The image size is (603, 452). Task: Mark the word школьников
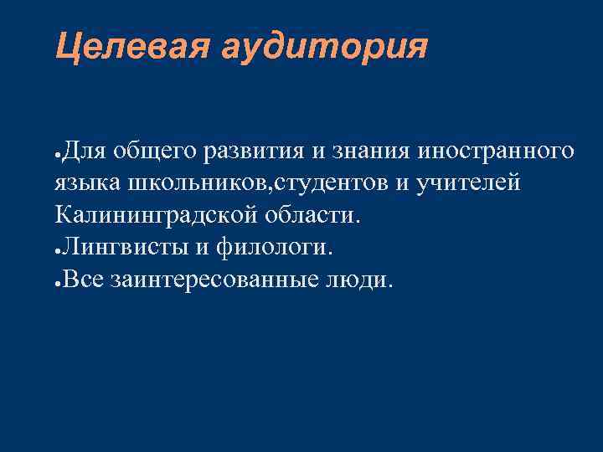[x=201, y=182]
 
